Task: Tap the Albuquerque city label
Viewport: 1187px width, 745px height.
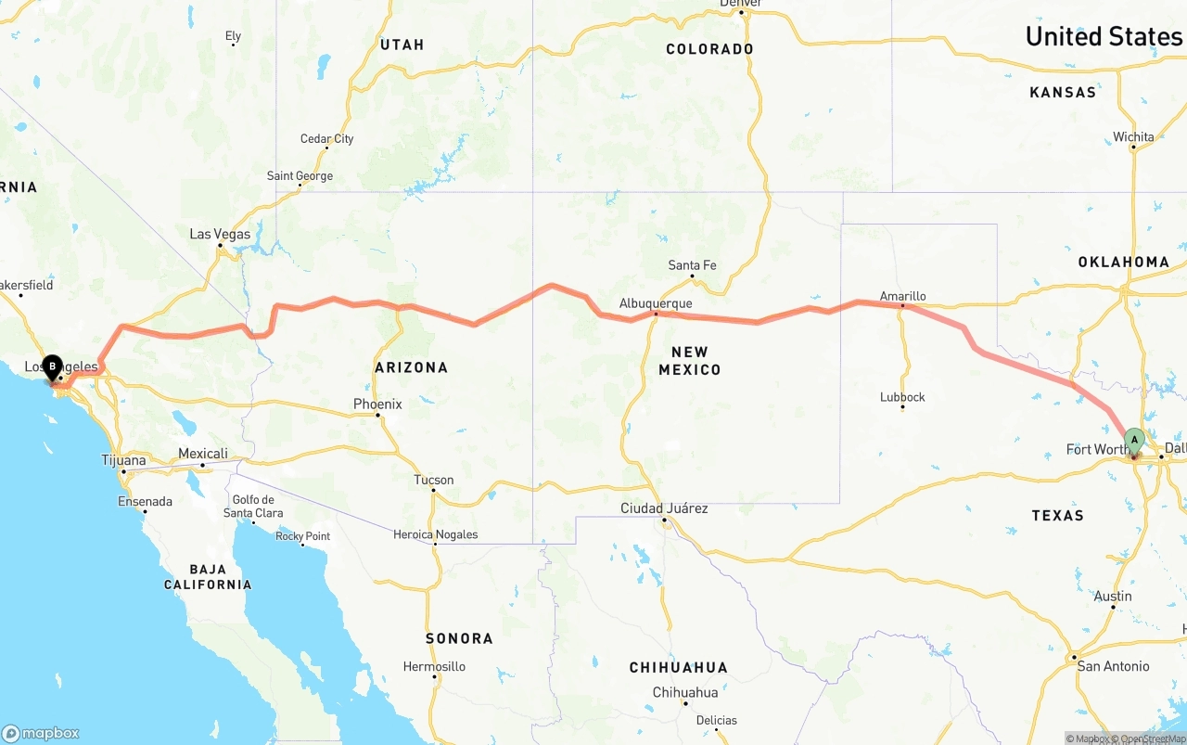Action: [x=656, y=303]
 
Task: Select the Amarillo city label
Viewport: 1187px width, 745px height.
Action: [x=903, y=296]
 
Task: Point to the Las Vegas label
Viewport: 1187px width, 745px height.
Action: [x=220, y=235]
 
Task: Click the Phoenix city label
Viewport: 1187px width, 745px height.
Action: [x=377, y=405]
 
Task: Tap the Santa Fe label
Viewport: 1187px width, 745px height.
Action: [x=692, y=265]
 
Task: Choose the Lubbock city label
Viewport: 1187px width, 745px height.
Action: [x=902, y=397]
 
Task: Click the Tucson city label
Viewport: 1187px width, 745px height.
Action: [x=434, y=480]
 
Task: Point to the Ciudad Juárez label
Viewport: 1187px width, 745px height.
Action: [x=664, y=508]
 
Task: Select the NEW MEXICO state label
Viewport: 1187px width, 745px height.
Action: [x=689, y=361]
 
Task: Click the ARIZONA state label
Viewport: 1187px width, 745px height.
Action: [x=411, y=367]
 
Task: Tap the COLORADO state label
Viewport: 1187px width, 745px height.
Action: [x=709, y=49]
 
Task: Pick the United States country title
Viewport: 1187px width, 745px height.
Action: [x=1104, y=37]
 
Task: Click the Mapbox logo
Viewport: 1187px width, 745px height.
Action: [x=41, y=732]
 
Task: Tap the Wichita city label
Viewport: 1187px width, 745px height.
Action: [x=1133, y=137]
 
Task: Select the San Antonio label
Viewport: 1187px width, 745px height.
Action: [x=1113, y=666]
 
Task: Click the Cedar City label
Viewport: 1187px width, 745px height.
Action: [x=326, y=139]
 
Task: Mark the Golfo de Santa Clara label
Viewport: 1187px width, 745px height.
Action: [x=253, y=507]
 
